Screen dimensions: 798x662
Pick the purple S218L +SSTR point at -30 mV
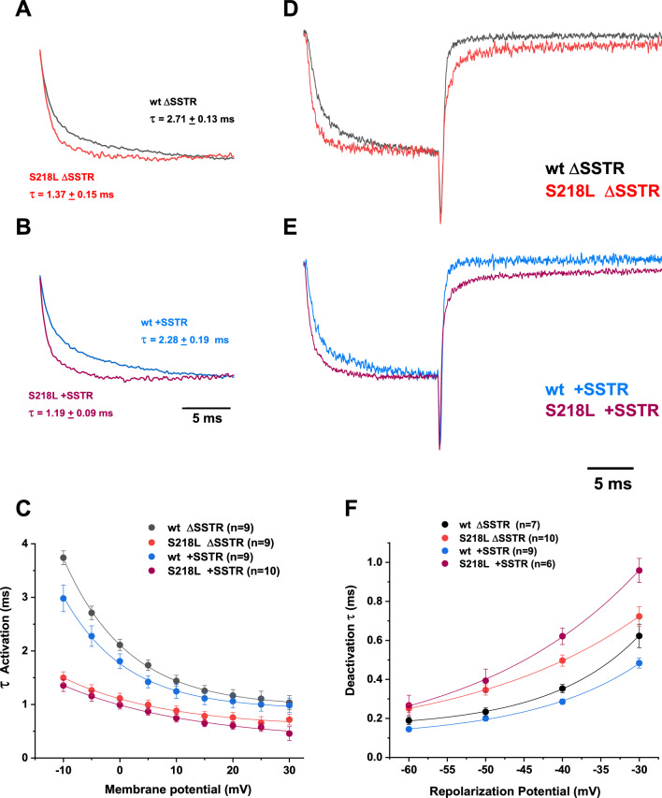640,571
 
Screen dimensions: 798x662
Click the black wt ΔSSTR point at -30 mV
640,636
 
